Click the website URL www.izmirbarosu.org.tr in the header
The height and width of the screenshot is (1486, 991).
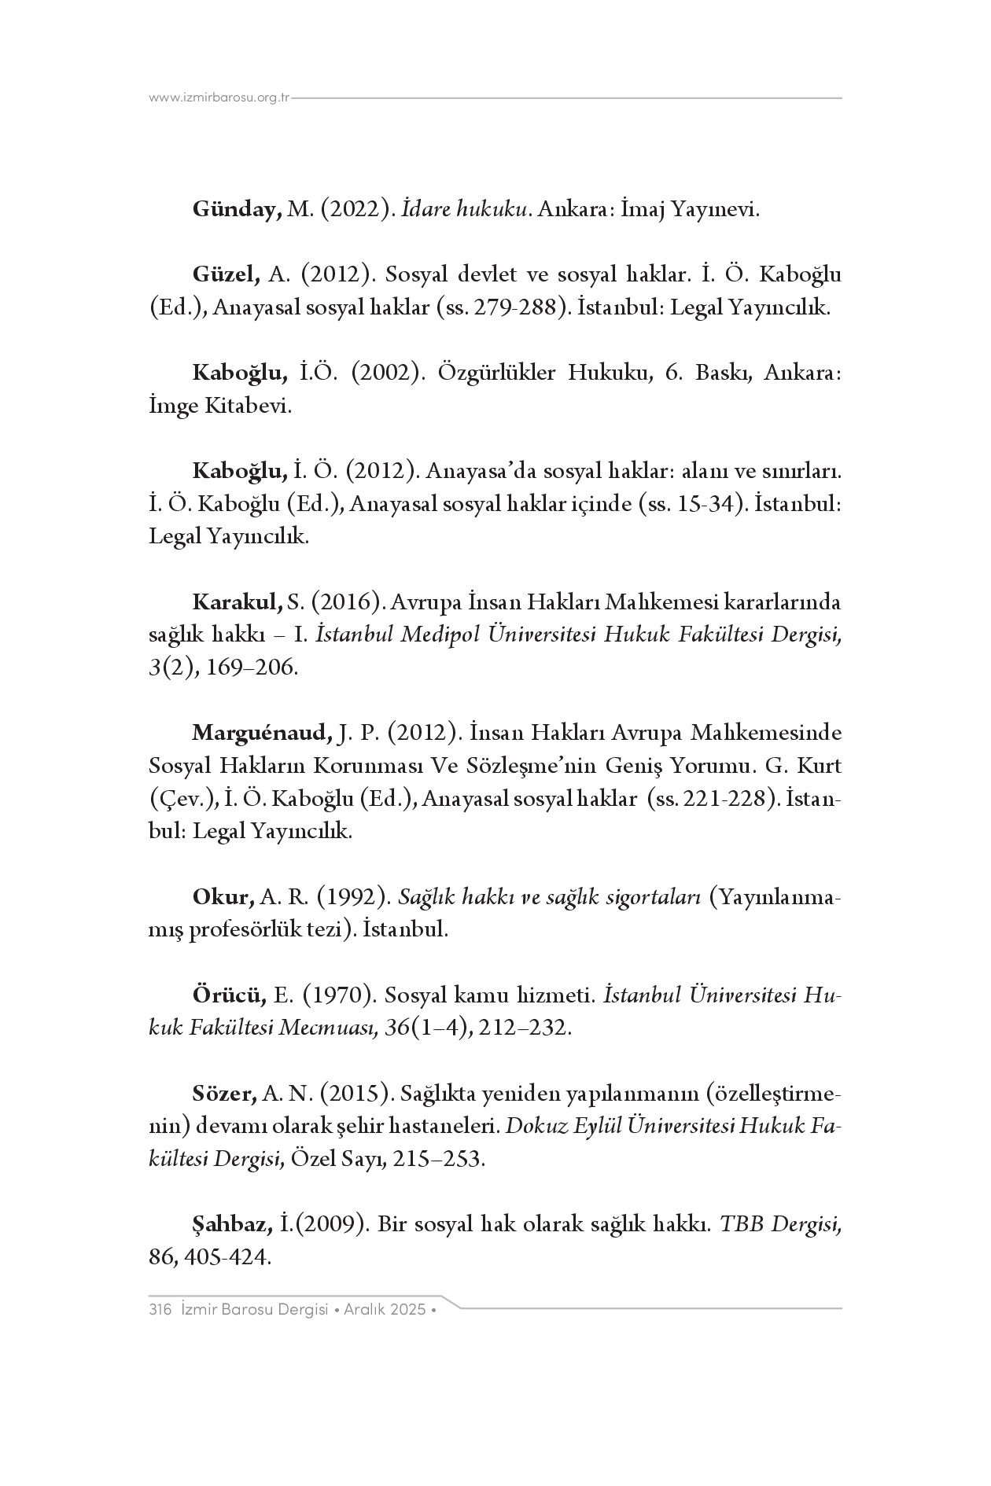click(x=219, y=98)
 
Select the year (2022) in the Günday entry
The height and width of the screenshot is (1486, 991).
click(x=356, y=210)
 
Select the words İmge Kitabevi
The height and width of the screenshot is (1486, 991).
click(x=219, y=406)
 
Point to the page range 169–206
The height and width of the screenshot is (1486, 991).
click(x=252, y=668)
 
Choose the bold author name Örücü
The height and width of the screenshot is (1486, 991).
click(x=229, y=995)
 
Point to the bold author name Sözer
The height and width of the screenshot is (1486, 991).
click(x=224, y=1093)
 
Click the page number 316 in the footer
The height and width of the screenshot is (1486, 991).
click(x=160, y=1310)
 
